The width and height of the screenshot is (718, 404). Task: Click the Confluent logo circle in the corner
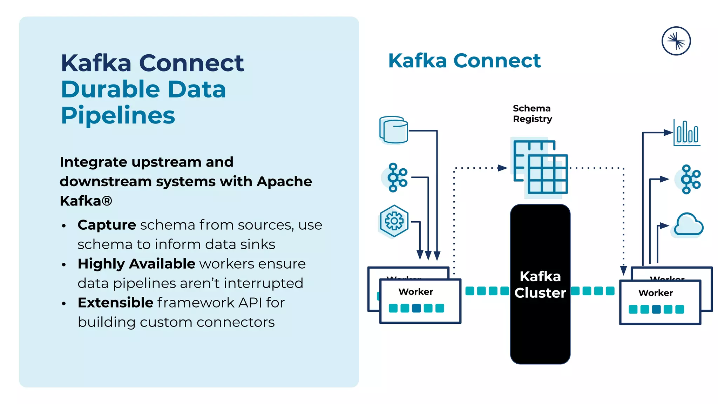676,41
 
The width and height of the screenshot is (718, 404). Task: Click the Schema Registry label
532,114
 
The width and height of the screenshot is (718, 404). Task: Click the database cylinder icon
394,130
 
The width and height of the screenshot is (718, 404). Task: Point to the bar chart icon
687,133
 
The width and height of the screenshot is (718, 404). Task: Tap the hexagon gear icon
394,221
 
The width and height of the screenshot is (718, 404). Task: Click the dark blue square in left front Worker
416,308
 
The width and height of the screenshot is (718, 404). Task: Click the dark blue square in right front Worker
656,309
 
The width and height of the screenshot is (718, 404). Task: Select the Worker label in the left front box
416,292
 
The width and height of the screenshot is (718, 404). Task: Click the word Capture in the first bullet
107,225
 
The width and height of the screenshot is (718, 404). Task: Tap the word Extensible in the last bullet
115,303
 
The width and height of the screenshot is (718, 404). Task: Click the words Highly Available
136,264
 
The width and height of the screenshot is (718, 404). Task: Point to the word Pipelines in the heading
118,115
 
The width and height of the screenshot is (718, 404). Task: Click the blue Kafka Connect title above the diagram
464,61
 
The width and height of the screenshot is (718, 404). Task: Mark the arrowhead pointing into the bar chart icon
668,133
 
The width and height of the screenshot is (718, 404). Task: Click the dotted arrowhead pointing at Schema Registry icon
502,168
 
